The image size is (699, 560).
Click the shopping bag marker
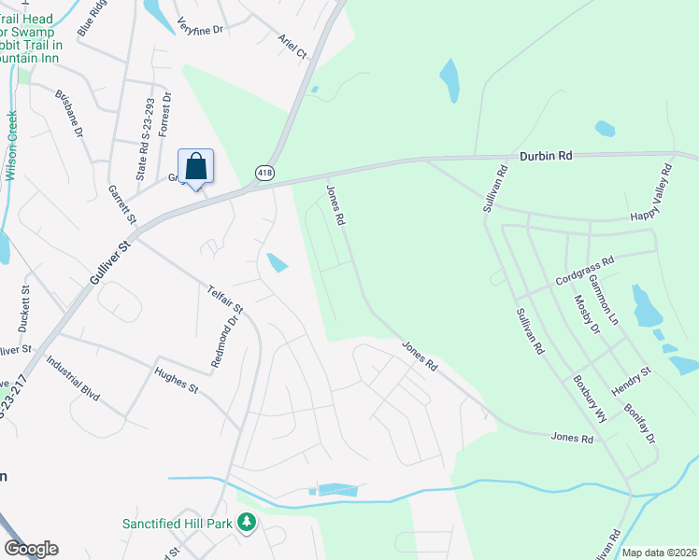point(195,168)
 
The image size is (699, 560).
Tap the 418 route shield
point(265,174)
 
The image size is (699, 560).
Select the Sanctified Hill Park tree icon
point(247,523)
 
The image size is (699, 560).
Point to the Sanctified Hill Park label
point(177,524)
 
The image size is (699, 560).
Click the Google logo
point(31,549)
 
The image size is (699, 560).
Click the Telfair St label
point(226,295)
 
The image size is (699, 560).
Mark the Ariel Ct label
point(292,47)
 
